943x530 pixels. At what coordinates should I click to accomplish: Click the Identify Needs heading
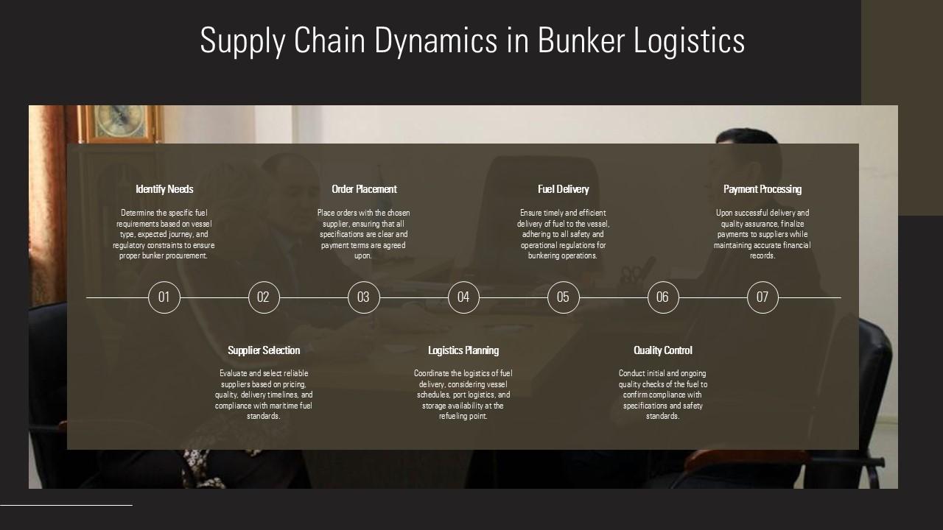pos(164,189)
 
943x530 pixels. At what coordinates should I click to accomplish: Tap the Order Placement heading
pos(364,189)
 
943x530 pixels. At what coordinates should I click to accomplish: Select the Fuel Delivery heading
pos(564,189)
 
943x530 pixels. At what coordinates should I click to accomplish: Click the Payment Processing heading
pos(763,189)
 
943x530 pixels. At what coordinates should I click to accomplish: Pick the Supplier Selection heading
pos(264,350)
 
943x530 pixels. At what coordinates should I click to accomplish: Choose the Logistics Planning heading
pos(463,350)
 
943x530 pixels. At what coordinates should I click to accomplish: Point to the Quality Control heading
pos(663,350)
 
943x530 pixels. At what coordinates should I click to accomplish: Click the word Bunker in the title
pos(581,40)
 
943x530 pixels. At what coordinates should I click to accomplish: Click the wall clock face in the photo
pos(119,120)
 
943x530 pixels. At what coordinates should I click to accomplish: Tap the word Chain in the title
pos(329,40)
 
